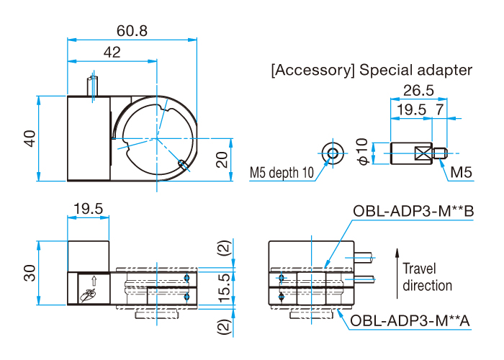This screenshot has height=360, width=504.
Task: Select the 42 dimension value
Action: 112,53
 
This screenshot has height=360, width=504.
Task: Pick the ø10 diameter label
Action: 362,152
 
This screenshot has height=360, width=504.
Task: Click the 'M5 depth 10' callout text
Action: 282,173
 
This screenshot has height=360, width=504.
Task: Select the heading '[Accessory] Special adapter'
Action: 372,71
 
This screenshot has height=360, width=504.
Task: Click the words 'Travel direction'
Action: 428,276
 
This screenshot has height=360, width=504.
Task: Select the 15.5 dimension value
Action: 226,287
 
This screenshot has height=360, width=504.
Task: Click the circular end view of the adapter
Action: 332,152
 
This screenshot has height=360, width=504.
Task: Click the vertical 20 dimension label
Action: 223,160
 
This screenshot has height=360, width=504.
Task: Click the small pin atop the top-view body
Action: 91,85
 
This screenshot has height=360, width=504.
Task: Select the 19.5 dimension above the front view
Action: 88,209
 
